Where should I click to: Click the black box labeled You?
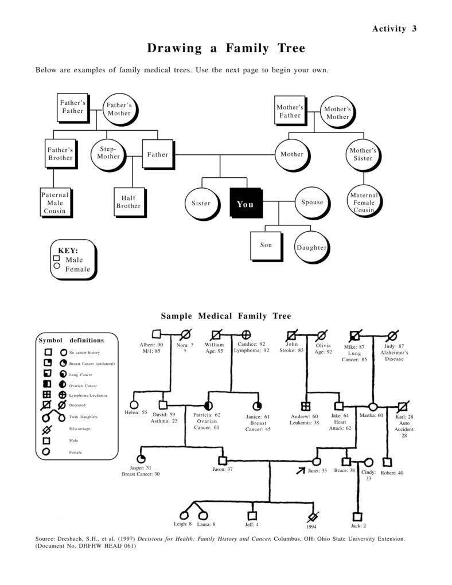click(x=246, y=203)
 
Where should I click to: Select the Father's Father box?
click(x=73, y=107)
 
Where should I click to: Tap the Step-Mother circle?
click(x=108, y=153)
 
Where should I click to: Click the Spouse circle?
click(x=312, y=202)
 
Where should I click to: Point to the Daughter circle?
click(x=311, y=247)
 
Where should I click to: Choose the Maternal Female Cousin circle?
click(x=364, y=202)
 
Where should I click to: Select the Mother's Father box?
click(x=290, y=111)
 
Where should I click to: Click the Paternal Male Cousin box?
click(x=54, y=202)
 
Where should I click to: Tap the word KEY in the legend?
click(x=68, y=251)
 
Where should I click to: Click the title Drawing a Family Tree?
click(x=225, y=48)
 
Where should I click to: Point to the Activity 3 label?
click(x=394, y=29)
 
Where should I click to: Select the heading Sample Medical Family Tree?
click(x=225, y=316)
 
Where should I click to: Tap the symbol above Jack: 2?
click(x=357, y=516)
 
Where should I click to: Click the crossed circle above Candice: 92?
click(x=246, y=334)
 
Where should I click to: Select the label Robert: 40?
click(x=392, y=473)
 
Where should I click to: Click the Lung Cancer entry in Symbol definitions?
click(x=77, y=375)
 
